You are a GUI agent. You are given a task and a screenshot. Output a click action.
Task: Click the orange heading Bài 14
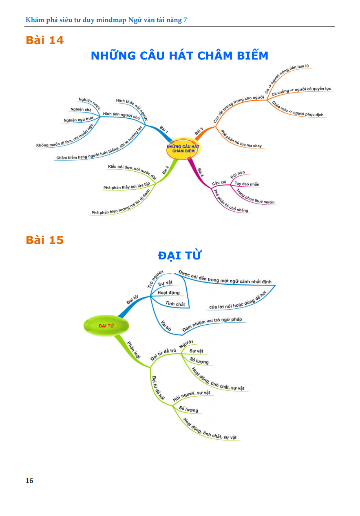tap(45, 40)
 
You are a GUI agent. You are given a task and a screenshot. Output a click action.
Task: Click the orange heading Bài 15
tap(45, 240)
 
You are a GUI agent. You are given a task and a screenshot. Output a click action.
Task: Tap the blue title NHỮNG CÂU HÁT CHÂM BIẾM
tap(179, 55)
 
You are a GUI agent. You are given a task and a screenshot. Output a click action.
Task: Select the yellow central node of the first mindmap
tap(183, 149)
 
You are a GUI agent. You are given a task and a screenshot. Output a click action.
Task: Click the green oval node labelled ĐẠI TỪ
tap(106, 326)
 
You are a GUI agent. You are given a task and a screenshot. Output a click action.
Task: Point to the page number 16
tap(29, 481)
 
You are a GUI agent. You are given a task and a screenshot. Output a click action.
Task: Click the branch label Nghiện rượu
tap(89, 104)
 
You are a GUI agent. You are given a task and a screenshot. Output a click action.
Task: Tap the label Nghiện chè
tap(81, 109)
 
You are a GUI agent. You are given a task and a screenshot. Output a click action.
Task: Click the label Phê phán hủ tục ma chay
tap(241, 140)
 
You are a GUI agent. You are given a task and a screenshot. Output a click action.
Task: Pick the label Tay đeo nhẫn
tap(247, 184)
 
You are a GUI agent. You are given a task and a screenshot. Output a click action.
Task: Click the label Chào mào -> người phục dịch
tap(298, 109)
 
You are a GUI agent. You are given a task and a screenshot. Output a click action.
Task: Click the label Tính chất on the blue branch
tap(175, 303)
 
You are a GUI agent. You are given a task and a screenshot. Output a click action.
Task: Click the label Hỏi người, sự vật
tap(191, 395)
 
